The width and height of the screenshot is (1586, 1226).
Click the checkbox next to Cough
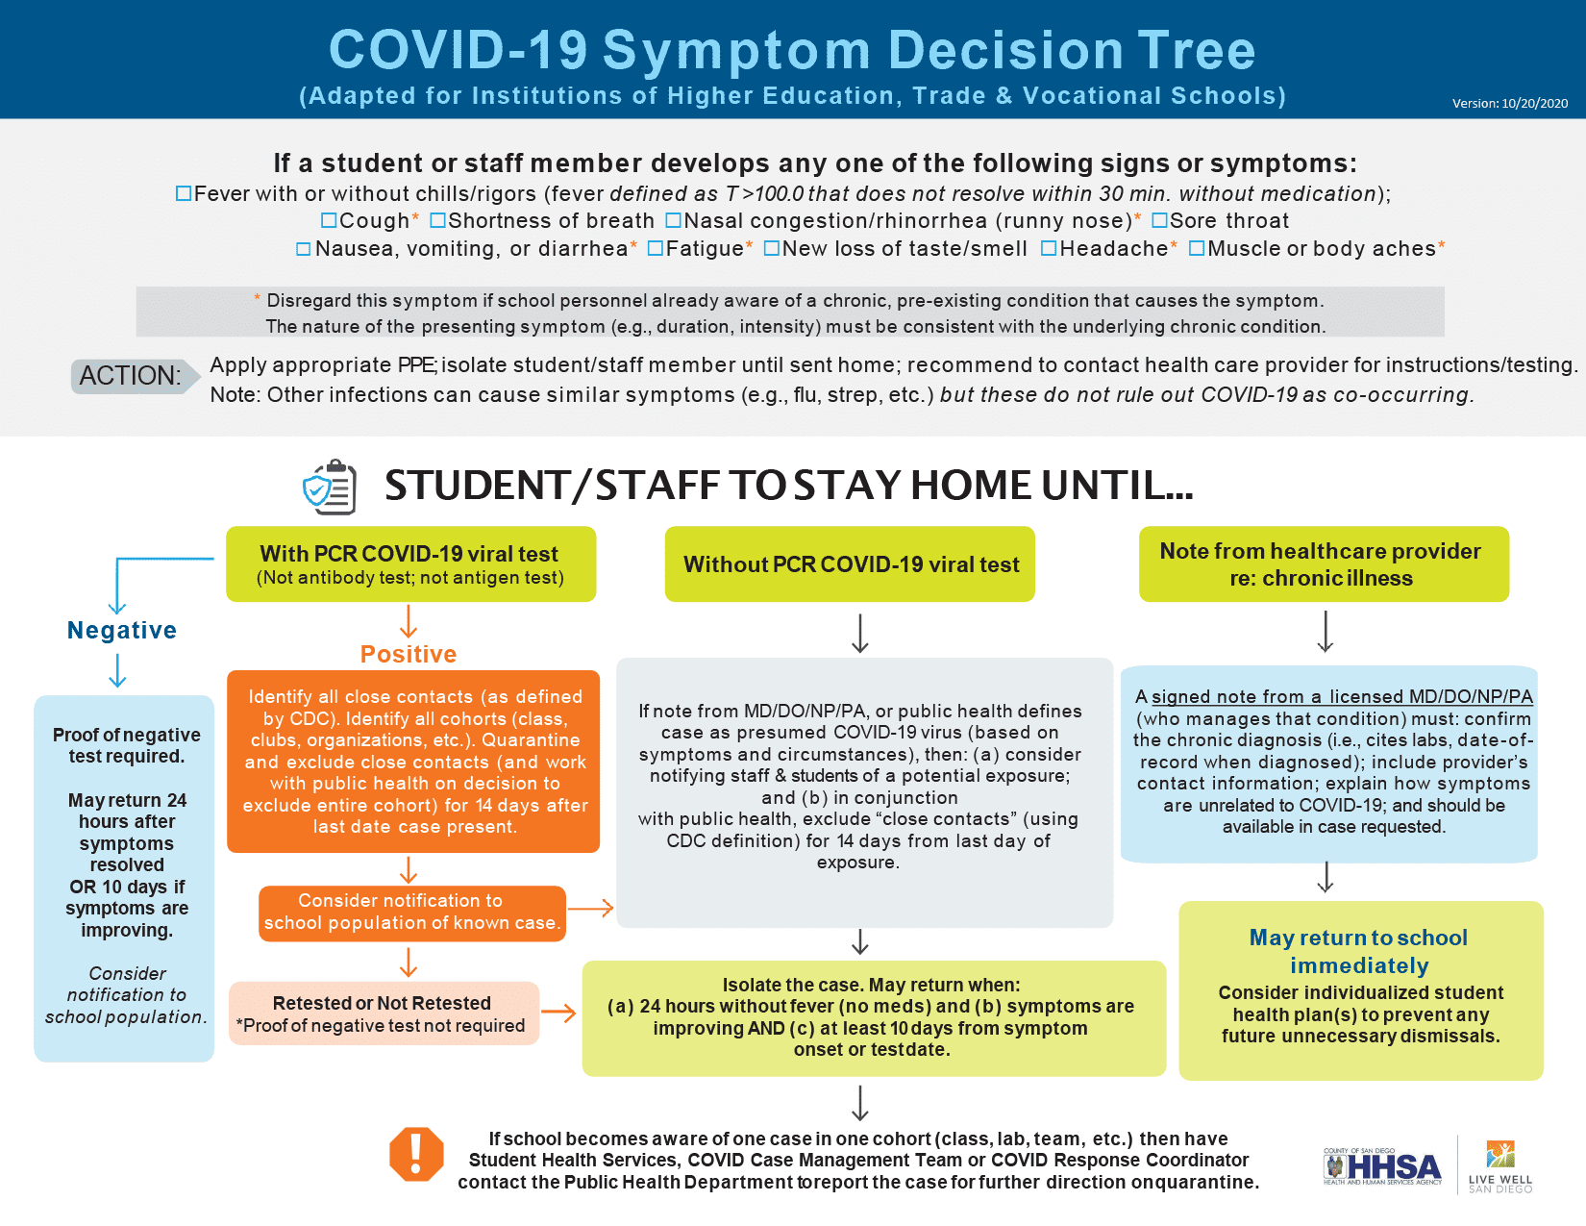tap(329, 220)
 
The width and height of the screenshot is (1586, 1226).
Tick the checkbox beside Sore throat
tap(1159, 220)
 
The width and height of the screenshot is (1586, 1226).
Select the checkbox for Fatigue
tap(656, 248)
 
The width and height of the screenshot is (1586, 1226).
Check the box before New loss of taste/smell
tap(772, 248)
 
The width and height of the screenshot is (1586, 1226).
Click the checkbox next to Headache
tap(1049, 248)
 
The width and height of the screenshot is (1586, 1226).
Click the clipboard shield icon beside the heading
tap(330, 488)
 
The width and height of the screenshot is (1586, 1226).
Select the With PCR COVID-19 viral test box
tap(410, 564)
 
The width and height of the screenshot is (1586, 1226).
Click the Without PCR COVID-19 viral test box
tap(850, 564)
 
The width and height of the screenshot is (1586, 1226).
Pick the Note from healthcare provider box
tap(1324, 564)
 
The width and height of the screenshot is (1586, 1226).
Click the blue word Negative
tap(122, 630)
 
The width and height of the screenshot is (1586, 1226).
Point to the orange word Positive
tap(409, 654)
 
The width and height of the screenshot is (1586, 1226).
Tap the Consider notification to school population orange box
tap(412, 913)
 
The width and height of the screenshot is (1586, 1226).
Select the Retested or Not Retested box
tap(384, 1013)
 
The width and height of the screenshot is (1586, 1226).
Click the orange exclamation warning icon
tap(416, 1155)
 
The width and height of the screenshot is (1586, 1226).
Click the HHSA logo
tap(1382, 1166)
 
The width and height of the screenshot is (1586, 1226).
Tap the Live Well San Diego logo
tap(1500, 1166)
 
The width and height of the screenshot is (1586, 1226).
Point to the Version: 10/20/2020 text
tap(1509, 104)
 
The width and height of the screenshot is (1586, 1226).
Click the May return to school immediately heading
tap(1359, 951)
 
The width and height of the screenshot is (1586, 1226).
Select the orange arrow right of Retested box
tap(559, 1013)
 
